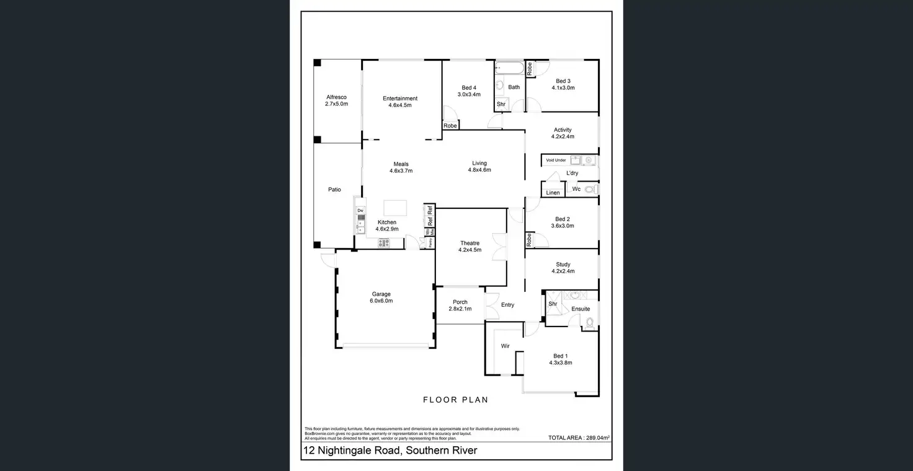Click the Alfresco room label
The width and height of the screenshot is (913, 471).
[336, 97]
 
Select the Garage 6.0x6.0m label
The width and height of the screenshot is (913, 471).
[381, 297]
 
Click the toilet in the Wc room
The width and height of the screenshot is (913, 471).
[589, 189]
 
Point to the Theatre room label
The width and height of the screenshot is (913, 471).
[470, 243]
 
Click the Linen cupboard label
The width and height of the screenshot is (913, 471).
[553, 193]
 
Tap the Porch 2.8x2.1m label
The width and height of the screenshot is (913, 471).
[460, 306]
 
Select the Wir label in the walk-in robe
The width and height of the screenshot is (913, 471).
[505, 346]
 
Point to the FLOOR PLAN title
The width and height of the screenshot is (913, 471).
[455, 400]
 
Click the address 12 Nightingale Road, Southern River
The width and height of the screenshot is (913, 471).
[390, 451]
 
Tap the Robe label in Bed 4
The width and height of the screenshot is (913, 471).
[450, 126]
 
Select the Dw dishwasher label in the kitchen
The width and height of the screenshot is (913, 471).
[360, 211]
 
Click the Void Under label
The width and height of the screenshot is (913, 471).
[556, 160]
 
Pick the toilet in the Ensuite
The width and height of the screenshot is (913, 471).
[589, 322]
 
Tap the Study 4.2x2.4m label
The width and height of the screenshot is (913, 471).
[563, 268]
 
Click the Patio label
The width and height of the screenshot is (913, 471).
[334, 190]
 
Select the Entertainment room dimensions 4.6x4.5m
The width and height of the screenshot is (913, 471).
[400, 105]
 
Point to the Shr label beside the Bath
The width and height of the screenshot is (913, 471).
[501, 104]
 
